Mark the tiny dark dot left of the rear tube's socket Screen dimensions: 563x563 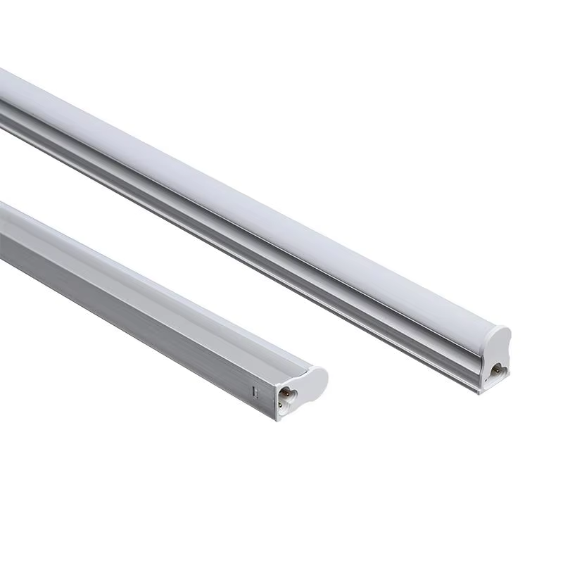[484, 367]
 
